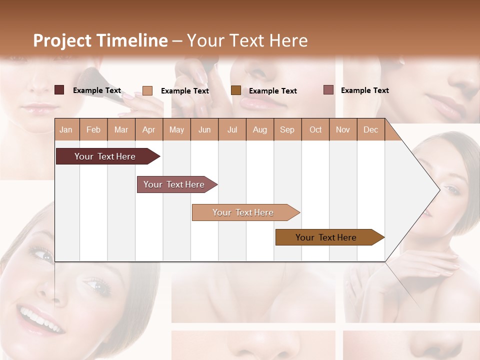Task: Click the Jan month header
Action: (66, 130)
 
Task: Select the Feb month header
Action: (93, 130)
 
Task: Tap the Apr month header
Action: (149, 130)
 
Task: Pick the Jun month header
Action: (204, 130)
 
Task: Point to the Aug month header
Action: (260, 130)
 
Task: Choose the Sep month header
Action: (287, 130)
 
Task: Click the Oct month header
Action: (315, 130)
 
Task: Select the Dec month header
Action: (371, 130)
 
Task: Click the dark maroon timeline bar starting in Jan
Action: (105, 156)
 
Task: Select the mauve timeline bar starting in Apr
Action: (174, 184)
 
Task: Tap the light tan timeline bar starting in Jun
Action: (243, 212)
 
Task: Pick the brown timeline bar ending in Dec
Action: (326, 237)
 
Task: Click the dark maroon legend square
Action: (59, 90)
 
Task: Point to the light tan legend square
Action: (147, 90)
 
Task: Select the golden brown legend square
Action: (236, 90)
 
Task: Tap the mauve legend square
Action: (328, 90)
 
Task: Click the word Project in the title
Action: (62, 40)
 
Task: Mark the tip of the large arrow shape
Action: (439, 189)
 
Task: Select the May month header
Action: (176, 130)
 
